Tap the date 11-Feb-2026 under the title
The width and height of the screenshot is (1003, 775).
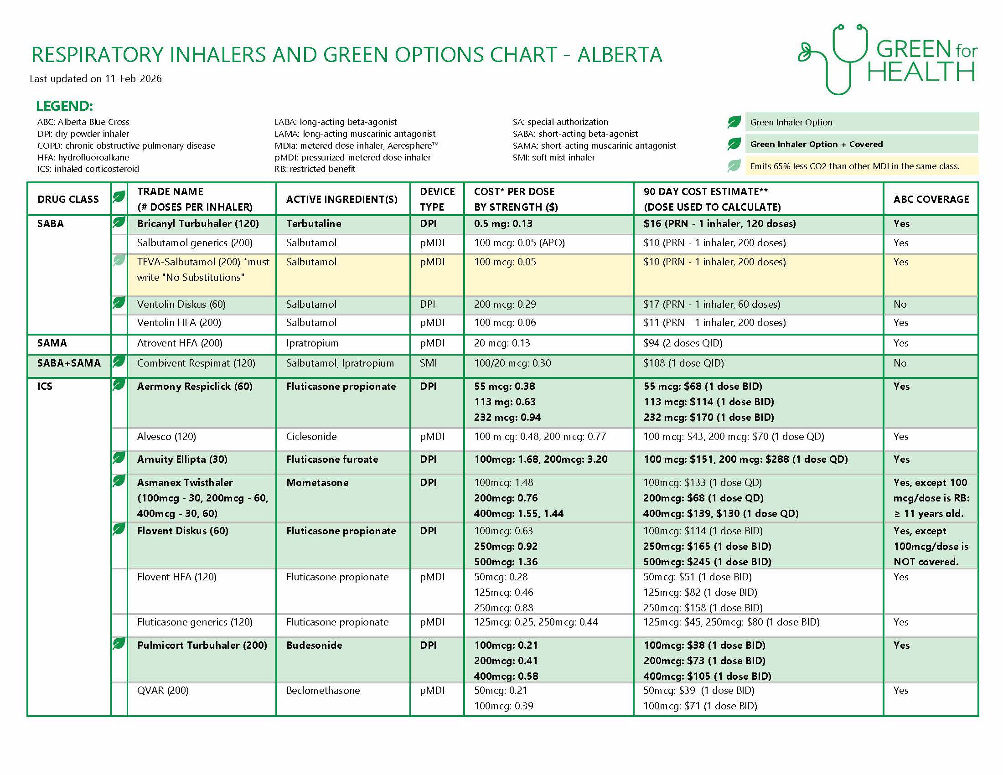[x=133, y=78]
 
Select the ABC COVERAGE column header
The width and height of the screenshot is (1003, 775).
[x=931, y=199]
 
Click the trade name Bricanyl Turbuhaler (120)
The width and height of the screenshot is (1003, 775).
[x=198, y=223]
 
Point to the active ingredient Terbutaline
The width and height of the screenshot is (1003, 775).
[x=313, y=223]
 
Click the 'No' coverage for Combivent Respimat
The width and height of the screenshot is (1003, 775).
[x=900, y=363]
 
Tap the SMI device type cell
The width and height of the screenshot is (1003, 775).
[x=428, y=363]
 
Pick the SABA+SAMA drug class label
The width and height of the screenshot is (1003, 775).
[x=69, y=363]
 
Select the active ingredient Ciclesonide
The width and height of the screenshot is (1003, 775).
[x=311, y=436]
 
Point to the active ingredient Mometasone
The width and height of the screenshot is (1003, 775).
[x=317, y=482]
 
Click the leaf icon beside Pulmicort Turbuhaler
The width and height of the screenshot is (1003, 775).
[x=119, y=644]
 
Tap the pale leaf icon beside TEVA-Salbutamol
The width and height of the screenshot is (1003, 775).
[x=119, y=261]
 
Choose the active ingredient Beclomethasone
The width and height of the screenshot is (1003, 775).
[x=322, y=690]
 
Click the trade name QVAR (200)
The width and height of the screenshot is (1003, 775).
[x=163, y=690]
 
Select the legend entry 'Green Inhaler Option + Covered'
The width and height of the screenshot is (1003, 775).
[x=816, y=144]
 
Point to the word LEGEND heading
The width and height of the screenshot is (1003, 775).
[x=64, y=106]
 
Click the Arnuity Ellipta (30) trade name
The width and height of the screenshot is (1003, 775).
[x=182, y=459]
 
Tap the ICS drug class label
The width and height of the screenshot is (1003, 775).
[x=45, y=386]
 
